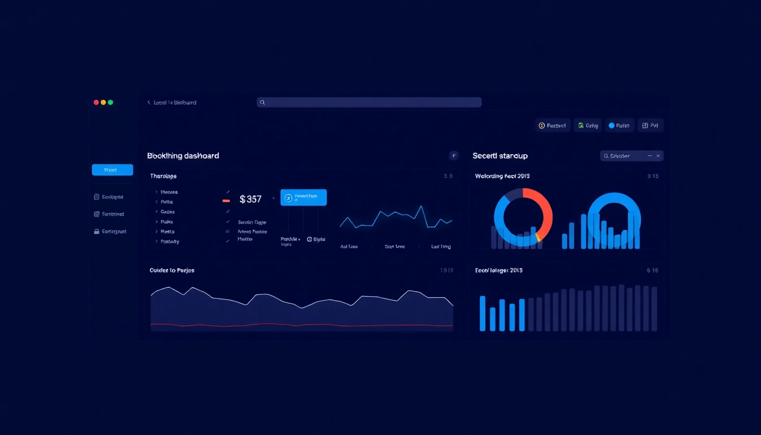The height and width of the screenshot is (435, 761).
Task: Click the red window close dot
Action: [96, 103]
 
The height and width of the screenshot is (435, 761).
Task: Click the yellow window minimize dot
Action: [103, 103]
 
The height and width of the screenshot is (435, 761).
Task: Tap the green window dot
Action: [110, 103]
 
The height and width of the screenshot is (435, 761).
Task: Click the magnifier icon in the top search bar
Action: [262, 103]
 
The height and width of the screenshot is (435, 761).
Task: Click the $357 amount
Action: [250, 199]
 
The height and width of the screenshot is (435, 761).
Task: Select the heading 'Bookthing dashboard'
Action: [183, 156]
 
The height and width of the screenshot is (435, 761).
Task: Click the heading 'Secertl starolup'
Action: [500, 156]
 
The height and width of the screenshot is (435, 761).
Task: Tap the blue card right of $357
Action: [303, 197]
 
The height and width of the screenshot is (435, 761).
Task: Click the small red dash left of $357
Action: [226, 201]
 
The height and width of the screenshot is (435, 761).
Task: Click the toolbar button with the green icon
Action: [587, 126]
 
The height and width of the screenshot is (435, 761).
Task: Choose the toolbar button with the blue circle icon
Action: [618, 126]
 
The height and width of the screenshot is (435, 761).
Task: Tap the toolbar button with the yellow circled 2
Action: [552, 126]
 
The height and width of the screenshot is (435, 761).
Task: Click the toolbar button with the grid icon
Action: [651, 126]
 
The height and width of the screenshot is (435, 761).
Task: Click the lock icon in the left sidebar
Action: [97, 232]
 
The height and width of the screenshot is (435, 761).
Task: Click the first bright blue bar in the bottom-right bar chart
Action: [482, 313]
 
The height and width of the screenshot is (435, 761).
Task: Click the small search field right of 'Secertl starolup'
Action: [631, 156]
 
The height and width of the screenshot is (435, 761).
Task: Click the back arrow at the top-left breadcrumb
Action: [149, 103]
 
